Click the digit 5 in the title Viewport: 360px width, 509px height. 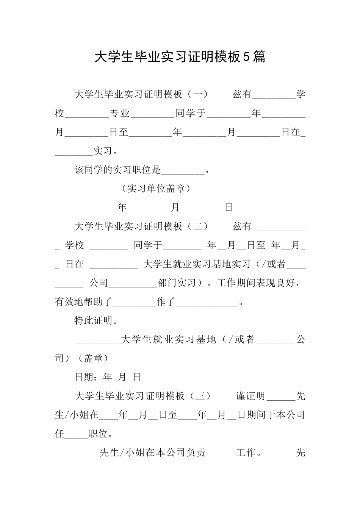[246, 57]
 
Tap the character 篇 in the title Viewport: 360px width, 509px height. [259, 57]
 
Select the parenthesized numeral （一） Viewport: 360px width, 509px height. [197, 94]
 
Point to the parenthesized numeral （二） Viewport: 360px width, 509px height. [197, 226]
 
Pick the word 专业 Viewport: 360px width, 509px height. [120, 113]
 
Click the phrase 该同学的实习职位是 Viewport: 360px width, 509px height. [118, 170]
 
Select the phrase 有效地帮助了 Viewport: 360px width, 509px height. [84, 302]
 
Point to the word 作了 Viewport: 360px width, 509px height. [166, 302]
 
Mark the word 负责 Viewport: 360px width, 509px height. [196, 453]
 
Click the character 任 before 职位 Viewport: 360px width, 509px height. [59, 434]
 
